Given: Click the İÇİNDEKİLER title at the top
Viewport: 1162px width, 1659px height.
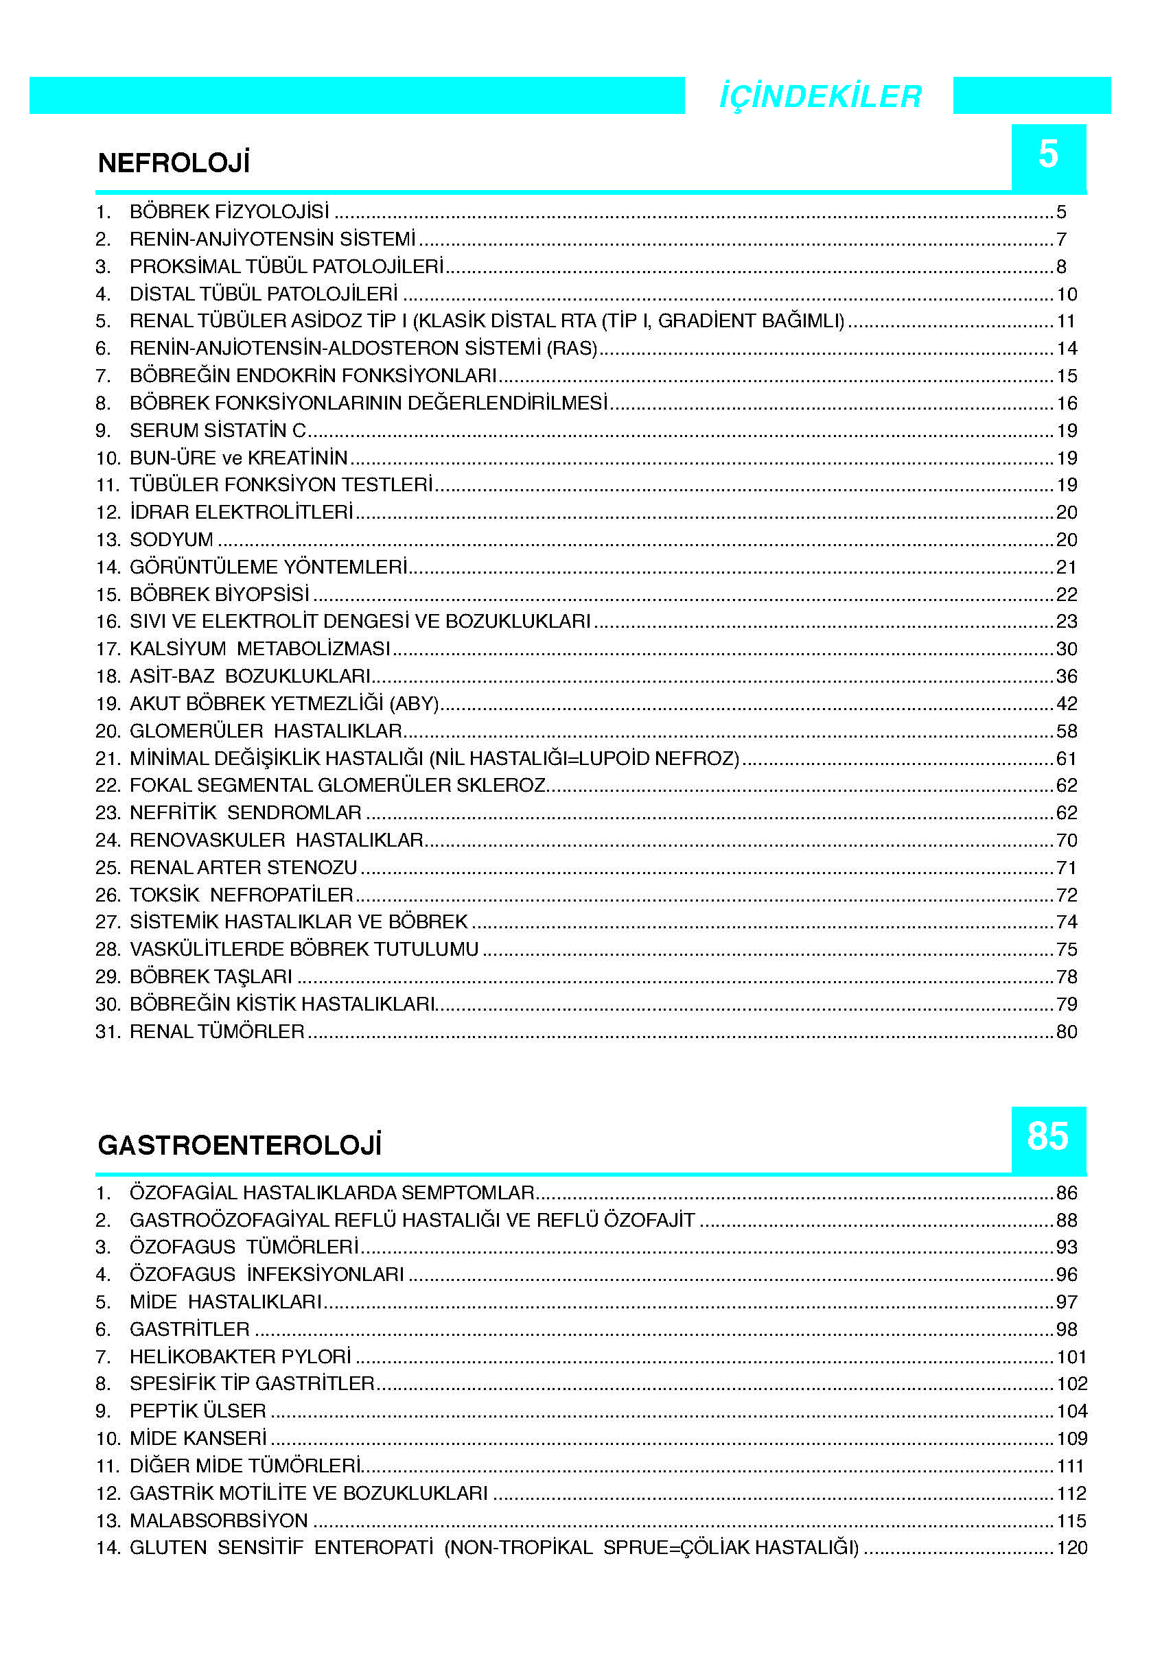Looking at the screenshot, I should click(x=820, y=96).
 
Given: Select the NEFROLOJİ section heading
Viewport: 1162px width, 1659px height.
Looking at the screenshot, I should click(x=174, y=163).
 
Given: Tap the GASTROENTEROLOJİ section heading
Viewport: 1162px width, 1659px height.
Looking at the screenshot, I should click(x=239, y=1145).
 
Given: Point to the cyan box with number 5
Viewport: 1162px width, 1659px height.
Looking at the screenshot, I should click(x=1048, y=155).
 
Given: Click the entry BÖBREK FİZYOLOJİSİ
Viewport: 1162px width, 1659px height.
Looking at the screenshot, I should click(x=229, y=212).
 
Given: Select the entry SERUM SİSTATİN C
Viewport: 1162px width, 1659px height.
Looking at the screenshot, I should click(x=218, y=431).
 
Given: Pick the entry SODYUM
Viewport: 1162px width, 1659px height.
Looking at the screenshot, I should click(x=172, y=540).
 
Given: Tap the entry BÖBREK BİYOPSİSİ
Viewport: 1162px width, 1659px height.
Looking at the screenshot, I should click(x=219, y=595).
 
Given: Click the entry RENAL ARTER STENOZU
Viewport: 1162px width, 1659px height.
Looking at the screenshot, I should click(x=244, y=868).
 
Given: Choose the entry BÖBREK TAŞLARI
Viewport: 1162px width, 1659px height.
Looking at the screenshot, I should click(x=210, y=977).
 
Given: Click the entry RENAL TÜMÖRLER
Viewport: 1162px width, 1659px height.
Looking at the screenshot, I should click(x=217, y=1032).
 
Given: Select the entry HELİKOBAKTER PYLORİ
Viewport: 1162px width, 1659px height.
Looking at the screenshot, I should click(x=240, y=1357).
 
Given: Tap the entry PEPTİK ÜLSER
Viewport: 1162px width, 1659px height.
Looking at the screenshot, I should click(x=197, y=1411).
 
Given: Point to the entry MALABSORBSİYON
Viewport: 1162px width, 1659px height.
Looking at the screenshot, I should click(x=218, y=1521).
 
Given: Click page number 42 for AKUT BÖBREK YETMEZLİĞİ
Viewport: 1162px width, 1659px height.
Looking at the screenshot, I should click(x=1066, y=704).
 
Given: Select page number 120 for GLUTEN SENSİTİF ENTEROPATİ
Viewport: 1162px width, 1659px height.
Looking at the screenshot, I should click(x=1071, y=1548).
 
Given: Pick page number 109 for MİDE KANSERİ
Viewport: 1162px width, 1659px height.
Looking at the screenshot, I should click(x=1071, y=1439).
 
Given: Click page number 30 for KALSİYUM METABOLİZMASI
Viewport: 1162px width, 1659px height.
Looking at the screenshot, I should click(x=1066, y=649).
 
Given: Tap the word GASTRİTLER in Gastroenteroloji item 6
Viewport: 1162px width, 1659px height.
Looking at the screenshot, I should click(x=189, y=1330).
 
